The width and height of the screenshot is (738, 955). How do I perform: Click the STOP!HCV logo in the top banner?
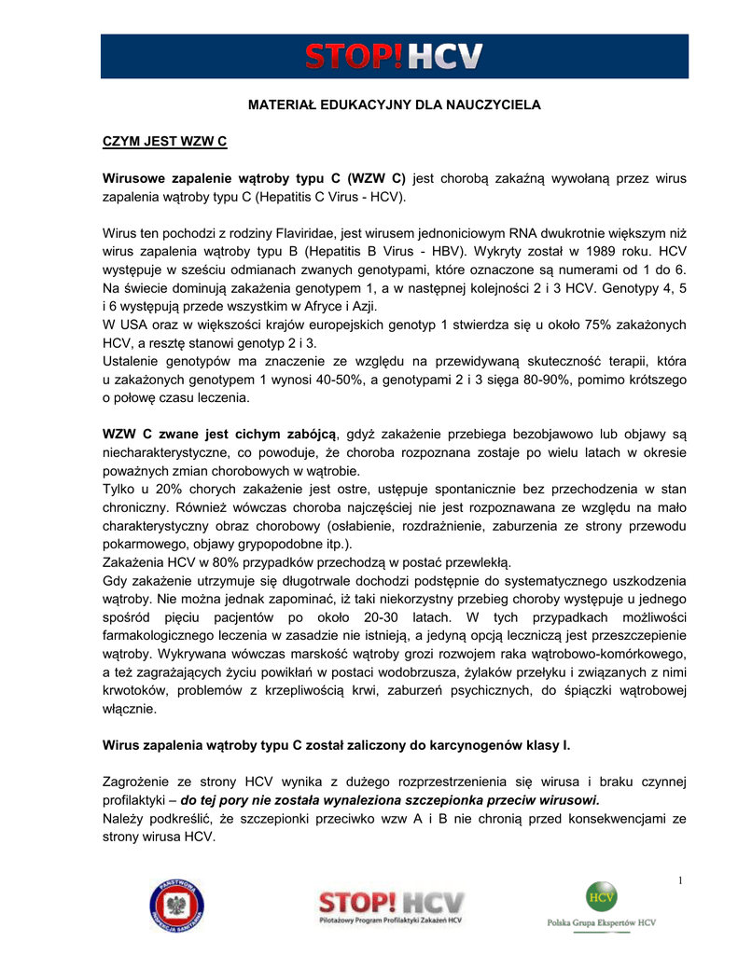[x=394, y=55]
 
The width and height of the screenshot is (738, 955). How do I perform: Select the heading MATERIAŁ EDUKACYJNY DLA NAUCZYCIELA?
[x=394, y=105]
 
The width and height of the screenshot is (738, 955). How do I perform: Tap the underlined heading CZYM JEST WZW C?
[x=164, y=143]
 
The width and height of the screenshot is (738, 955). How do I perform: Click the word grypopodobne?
[x=286, y=544]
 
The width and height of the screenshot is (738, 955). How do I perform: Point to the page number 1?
[x=681, y=882]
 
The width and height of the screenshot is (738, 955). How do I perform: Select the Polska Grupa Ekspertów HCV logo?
[x=601, y=907]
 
